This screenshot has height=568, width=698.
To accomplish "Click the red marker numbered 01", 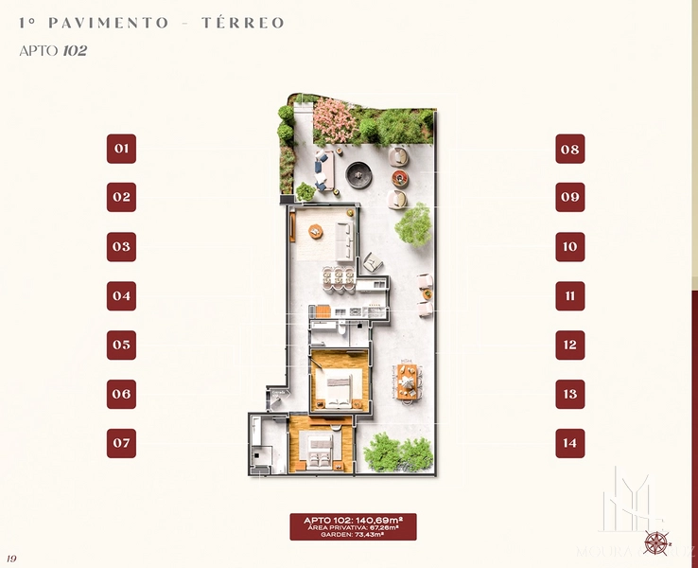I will (121, 149).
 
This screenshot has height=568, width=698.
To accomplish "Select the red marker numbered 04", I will (121, 296).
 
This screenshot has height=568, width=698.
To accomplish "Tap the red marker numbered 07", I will (121, 443).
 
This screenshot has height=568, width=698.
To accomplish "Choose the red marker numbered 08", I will (569, 149).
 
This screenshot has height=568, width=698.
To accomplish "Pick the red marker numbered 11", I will (569, 296).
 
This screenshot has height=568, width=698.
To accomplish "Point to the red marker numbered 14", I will (569, 443).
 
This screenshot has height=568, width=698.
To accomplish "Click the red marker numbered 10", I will (569, 247).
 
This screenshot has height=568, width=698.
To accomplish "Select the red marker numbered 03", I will (121, 247).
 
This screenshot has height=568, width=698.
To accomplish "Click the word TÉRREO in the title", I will (243, 23).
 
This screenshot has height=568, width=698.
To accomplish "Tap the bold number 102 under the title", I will (75, 51).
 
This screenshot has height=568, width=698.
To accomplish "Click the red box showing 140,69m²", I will (353, 526).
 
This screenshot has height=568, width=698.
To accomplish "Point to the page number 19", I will (11, 559).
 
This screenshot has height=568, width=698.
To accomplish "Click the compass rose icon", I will (655, 543).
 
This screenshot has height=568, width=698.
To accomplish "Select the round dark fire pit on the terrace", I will (358, 173).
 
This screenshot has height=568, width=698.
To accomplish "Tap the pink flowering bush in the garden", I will (334, 120).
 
